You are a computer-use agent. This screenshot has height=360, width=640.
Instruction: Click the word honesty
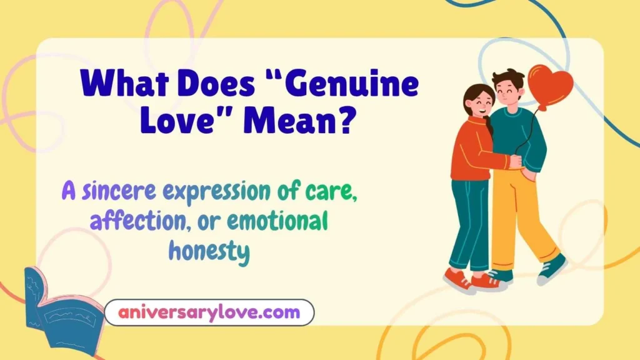point(209,251)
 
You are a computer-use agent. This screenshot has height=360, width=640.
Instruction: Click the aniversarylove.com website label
point(209,312)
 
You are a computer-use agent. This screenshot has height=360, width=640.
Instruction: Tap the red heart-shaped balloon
point(549,86)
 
